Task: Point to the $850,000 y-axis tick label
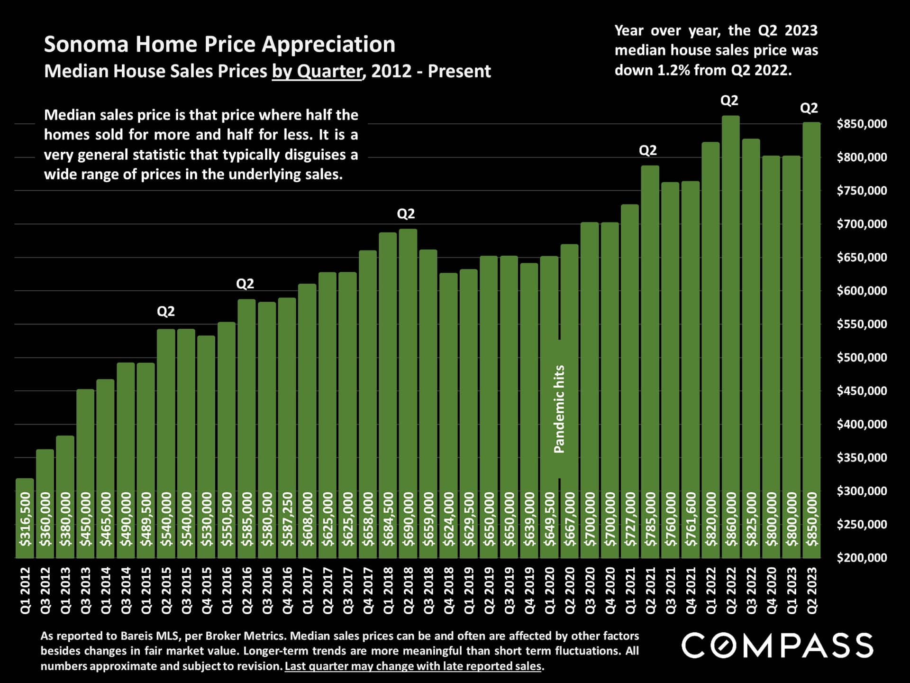point(861,124)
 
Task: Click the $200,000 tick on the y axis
point(861,558)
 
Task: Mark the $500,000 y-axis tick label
point(861,358)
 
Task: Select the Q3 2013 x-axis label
point(86,591)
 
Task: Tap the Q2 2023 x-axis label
point(812,591)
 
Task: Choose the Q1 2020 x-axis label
point(550,591)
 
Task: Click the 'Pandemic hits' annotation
point(559,409)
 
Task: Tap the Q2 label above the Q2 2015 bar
point(166,311)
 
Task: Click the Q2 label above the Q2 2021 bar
point(648,150)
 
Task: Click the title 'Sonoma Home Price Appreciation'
point(219,45)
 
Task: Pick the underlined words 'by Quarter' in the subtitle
point(317,71)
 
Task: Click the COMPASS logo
point(777,646)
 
